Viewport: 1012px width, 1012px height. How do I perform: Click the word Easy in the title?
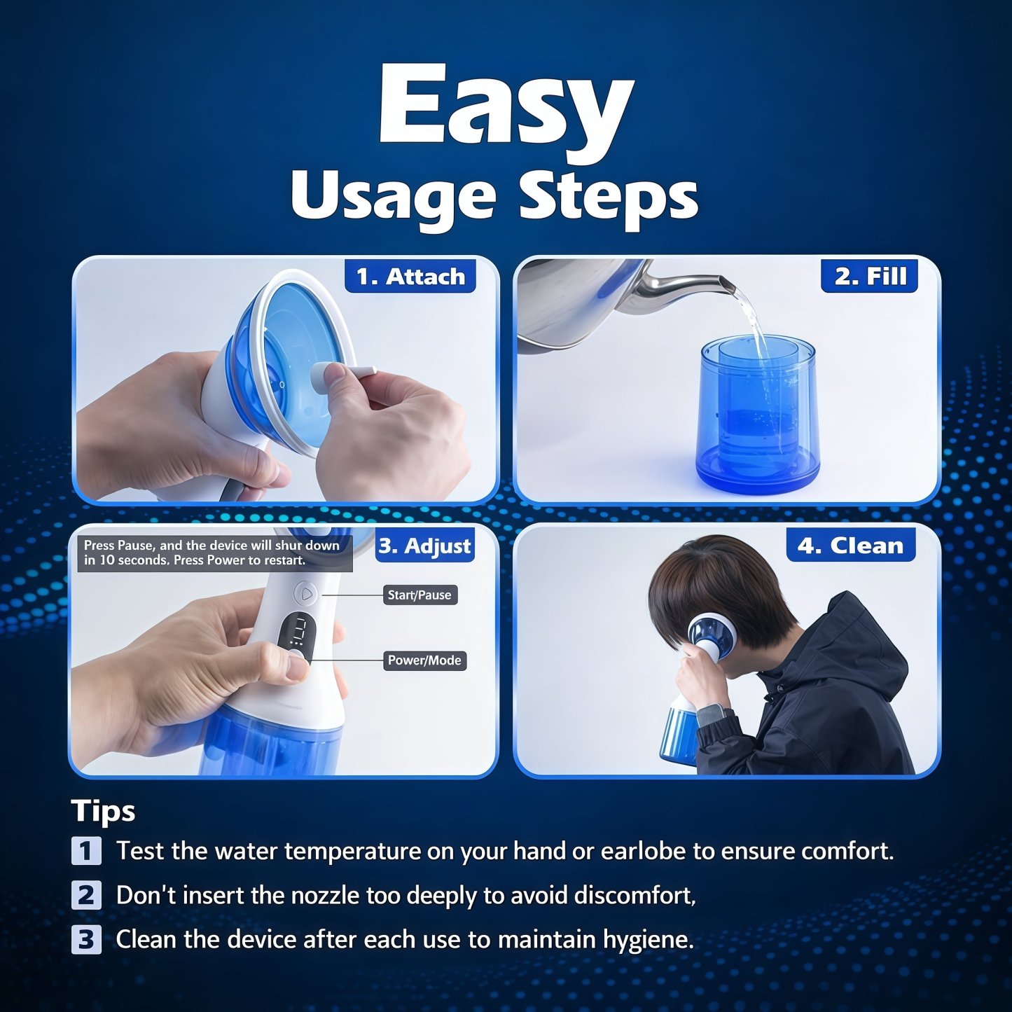(x=506, y=105)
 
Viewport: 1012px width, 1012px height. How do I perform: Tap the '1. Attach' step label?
(x=410, y=277)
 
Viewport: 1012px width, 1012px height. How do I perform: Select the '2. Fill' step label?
(x=870, y=276)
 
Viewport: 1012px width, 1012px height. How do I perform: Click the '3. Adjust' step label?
(x=424, y=546)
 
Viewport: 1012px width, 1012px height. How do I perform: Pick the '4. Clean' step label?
(x=851, y=546)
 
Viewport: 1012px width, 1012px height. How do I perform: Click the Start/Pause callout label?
(x=420, y=595)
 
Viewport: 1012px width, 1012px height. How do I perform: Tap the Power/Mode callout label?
(x=424, y=660)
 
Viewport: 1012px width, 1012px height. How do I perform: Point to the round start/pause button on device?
(x=306, y=595)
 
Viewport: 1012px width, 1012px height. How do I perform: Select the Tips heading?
(x=103, y=811)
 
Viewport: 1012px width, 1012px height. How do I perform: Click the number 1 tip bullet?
(x=86, y=851)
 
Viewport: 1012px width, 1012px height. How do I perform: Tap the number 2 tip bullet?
(x=86, y=895)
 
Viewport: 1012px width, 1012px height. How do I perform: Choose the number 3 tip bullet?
(x=86, y=939)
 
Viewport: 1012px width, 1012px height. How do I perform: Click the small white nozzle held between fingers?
(x=343, y=371)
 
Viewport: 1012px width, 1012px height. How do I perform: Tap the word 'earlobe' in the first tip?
(x=644, y=851)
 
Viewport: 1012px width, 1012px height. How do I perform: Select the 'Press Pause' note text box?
(x=214, y=553)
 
